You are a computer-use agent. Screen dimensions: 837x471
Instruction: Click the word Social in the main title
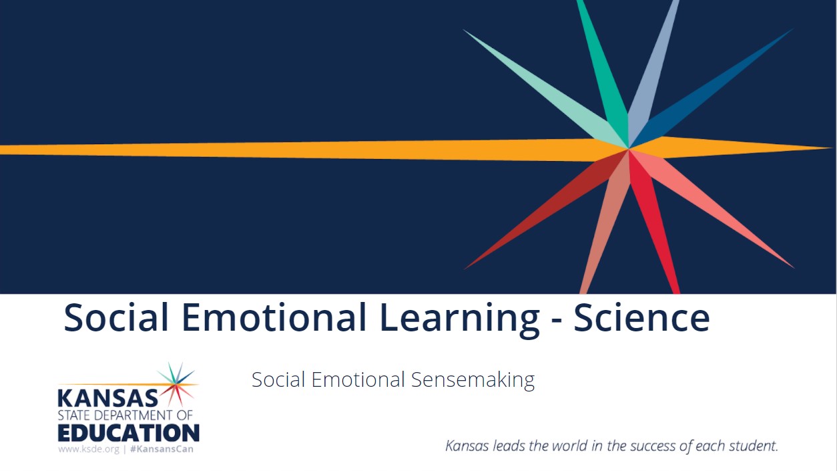(x=116, y=317)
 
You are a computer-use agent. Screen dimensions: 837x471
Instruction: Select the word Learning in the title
(x=460, y=320)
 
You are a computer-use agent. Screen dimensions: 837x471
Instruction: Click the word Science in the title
(x=641, y=317)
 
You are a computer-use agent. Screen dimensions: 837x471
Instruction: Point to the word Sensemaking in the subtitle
(x=473, y=380)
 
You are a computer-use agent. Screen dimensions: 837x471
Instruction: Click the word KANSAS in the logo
(x=107, y=398)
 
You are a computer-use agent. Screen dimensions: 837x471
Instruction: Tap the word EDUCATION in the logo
(x=129, y=433)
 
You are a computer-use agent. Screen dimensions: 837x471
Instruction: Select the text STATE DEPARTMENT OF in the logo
(x=125, y=416)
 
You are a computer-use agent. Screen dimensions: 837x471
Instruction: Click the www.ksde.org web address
(x=89, y=449)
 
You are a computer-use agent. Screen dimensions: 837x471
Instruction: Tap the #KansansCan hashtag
(x=162, y=449)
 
